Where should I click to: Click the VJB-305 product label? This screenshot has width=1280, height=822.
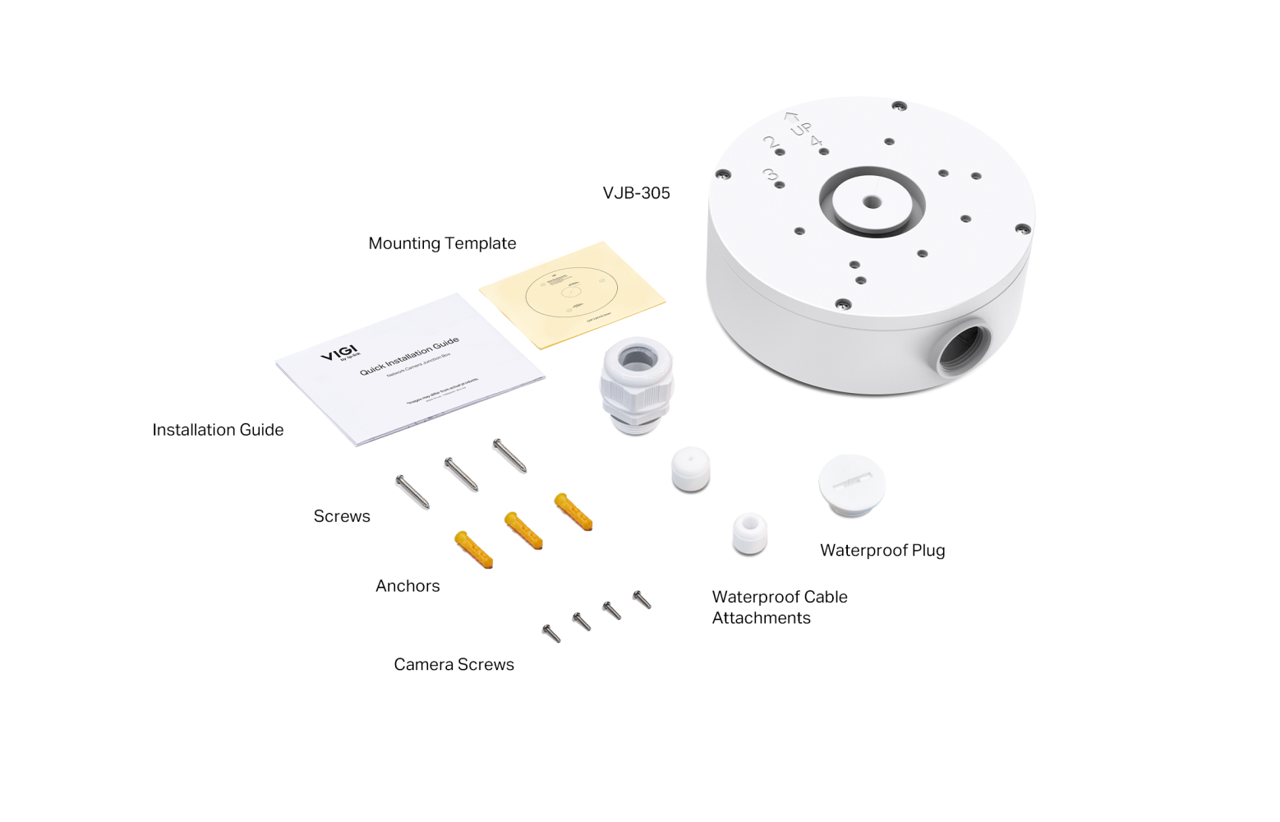tap(636, 193)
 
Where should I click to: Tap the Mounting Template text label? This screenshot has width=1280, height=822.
tap(442, 243)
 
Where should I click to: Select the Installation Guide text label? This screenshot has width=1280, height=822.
tap(218, 430)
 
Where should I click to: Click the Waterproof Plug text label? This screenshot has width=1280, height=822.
tap(882, 550)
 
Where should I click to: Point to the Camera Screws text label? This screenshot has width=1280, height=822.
tap(454, 664)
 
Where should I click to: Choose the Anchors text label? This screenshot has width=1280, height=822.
tap(407, 586)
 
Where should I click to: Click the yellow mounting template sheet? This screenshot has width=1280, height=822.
tap(573, 293)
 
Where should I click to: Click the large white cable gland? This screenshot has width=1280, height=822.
tap(637, 384)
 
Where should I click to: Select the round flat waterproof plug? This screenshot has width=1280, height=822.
tap(852, 485)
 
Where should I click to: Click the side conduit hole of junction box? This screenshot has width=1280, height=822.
tap(964, 349)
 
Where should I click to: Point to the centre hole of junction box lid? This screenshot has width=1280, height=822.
tap(873, 201)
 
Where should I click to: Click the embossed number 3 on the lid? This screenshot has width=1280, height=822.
tap(770, 175)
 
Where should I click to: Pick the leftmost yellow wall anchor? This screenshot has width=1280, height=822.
tap(473, 549)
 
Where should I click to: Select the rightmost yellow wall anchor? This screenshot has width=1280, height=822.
tap(573, 511)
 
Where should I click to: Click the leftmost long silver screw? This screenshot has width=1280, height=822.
tap(412, 492)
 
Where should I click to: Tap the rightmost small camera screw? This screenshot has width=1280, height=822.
tap(642, 600)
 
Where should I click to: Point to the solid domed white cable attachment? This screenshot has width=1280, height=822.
tap(691, 469)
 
